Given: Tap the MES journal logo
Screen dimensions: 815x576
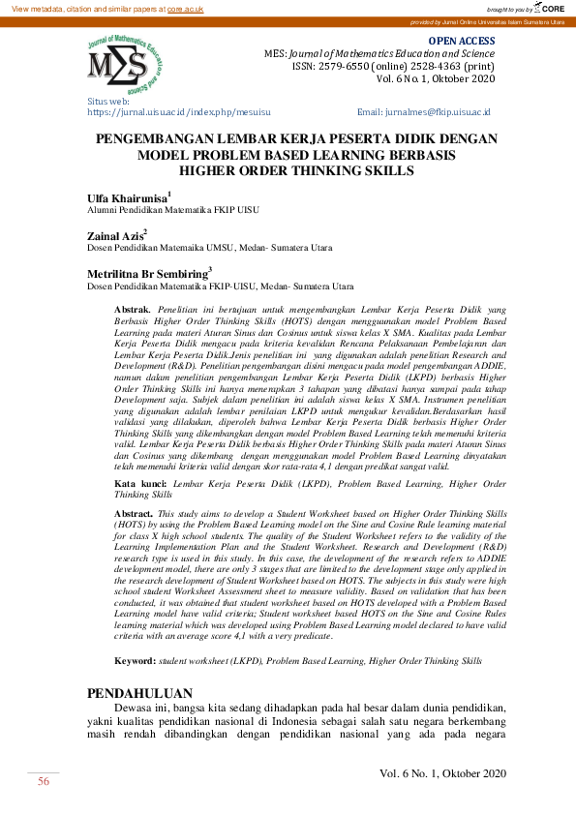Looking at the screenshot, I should pyautogui.click(x=118, y=64).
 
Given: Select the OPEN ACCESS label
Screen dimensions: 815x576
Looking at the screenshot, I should pyautogui.click(x=468, y=42).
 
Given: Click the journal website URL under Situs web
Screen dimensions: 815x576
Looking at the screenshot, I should pyautogui.click(x=182, y=112).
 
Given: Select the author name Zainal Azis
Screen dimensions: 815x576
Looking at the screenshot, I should pyautogui.click(x=115, y=236).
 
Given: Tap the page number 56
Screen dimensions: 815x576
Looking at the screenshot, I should pyautogui.click(x=44, y=781).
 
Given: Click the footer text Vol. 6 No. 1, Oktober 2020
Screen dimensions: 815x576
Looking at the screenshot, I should pyautogui.click(x=442, y=772).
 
